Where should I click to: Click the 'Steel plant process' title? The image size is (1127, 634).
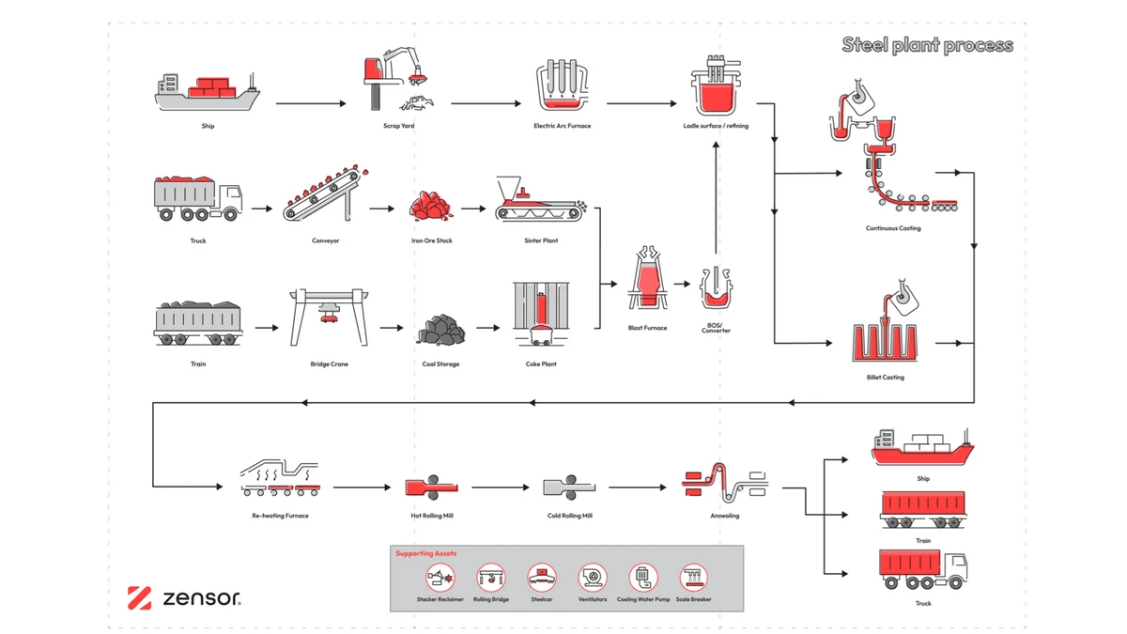point(927,45)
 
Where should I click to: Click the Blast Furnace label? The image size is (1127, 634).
point(648,328)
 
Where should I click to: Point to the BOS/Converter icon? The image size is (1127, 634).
point(716,288)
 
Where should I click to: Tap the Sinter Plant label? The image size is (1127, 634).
point(541,240)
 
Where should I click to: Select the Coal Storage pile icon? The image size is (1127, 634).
point(440,329)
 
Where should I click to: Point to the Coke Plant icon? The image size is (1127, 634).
point(541,315)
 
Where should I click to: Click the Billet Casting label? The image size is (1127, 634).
point(885,378)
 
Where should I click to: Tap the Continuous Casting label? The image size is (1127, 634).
point(893,228)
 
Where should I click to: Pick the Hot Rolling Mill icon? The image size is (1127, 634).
point(430,487)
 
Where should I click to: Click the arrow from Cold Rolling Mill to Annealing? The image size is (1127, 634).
point(643,487)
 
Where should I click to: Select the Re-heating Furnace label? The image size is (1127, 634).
point(280,516)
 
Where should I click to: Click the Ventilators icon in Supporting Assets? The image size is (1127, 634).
point(593,577)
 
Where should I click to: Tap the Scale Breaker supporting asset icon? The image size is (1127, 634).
point(694,577)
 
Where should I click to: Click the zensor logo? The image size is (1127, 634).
point(184,597)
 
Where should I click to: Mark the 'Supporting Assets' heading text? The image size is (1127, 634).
point(425,554)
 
